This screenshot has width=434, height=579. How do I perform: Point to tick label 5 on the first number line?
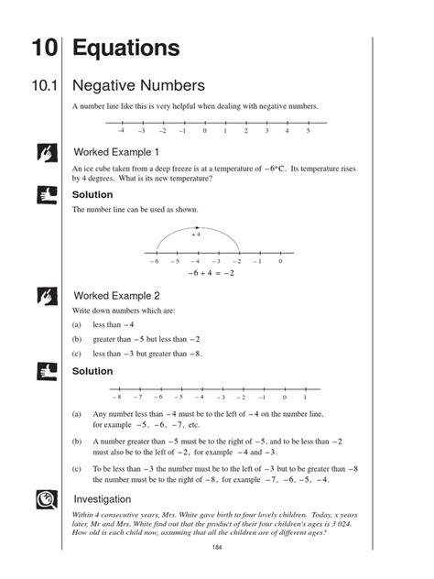pyautogui.click(x=309, y=132)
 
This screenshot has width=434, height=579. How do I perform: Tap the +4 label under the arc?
pyautogui.click(x=196, y=235)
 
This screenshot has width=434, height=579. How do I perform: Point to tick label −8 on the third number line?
pyautogui.click(x=116, y=398)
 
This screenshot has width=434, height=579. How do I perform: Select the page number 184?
pyautogui.click(x=217, y=548)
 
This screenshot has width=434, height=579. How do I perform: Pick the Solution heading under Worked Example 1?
pyautogui.click(x=92, y=195)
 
